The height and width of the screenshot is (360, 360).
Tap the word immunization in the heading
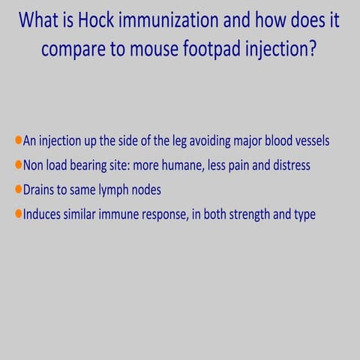click(x=187, y=20)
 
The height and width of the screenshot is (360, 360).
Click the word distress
click(x=289, y=165)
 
